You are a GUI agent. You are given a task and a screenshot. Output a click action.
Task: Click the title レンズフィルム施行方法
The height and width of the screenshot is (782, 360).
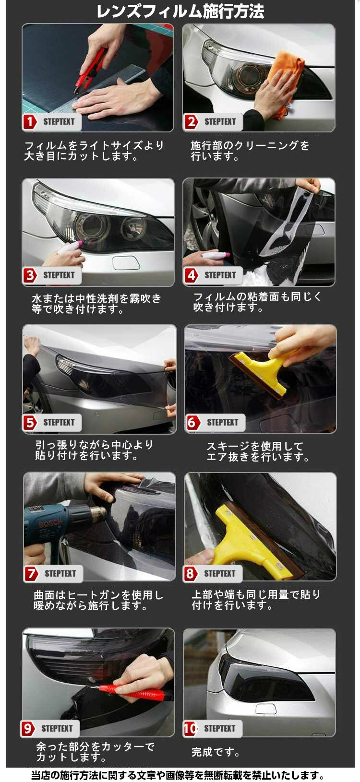point(180,11)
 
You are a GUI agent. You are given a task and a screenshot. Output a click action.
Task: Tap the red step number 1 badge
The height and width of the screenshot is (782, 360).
point(30,121)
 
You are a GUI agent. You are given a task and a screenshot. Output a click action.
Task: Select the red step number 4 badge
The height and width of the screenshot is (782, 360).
point(191,275)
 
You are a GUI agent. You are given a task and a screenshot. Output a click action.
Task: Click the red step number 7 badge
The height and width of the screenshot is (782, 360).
point(31,573)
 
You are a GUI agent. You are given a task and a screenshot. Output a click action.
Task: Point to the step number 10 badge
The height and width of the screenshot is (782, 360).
point(191,728)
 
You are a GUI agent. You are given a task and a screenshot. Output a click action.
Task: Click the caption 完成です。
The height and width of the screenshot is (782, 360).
point(215,752)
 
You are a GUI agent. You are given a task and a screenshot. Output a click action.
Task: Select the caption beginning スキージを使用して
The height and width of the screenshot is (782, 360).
point(258,451)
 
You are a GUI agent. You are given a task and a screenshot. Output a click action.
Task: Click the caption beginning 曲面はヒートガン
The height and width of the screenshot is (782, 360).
point(98,600)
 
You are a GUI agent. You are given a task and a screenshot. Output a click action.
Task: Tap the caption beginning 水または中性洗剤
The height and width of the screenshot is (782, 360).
point(96,304)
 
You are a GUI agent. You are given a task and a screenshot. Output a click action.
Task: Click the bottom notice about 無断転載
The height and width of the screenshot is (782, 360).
point(178,775)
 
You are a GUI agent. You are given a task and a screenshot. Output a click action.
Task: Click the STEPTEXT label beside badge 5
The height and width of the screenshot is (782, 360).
point(59,422)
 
